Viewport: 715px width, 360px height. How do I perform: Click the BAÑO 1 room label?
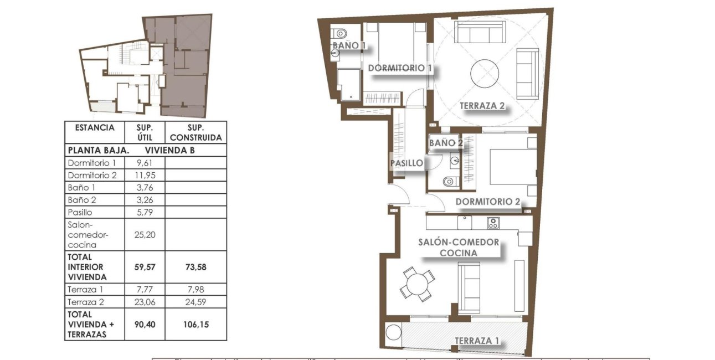pyautogui.click(x=349, y=45)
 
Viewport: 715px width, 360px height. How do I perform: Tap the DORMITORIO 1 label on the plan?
pyautogui.click(x=400, y=68)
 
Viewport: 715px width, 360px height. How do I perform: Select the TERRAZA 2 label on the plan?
pyautogui.click(x=482, y=106)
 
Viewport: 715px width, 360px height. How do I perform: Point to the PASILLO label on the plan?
pyautogui.click(x=407, y=163)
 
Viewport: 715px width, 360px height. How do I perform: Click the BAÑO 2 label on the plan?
pyautogui.click(x=446, y=143)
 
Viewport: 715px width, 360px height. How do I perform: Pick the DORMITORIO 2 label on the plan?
pyautogui.click(x=487, y=202)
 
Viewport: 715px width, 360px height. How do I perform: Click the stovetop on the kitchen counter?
pyautogui.click(x=493, y=223)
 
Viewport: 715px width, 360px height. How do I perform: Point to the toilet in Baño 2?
pyautogui.click(x=449, y=181)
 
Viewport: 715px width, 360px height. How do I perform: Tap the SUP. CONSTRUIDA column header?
pyautogui.click(x=196, y=132)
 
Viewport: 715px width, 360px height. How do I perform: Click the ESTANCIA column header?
pyautogui.click(x=94, y=127)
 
